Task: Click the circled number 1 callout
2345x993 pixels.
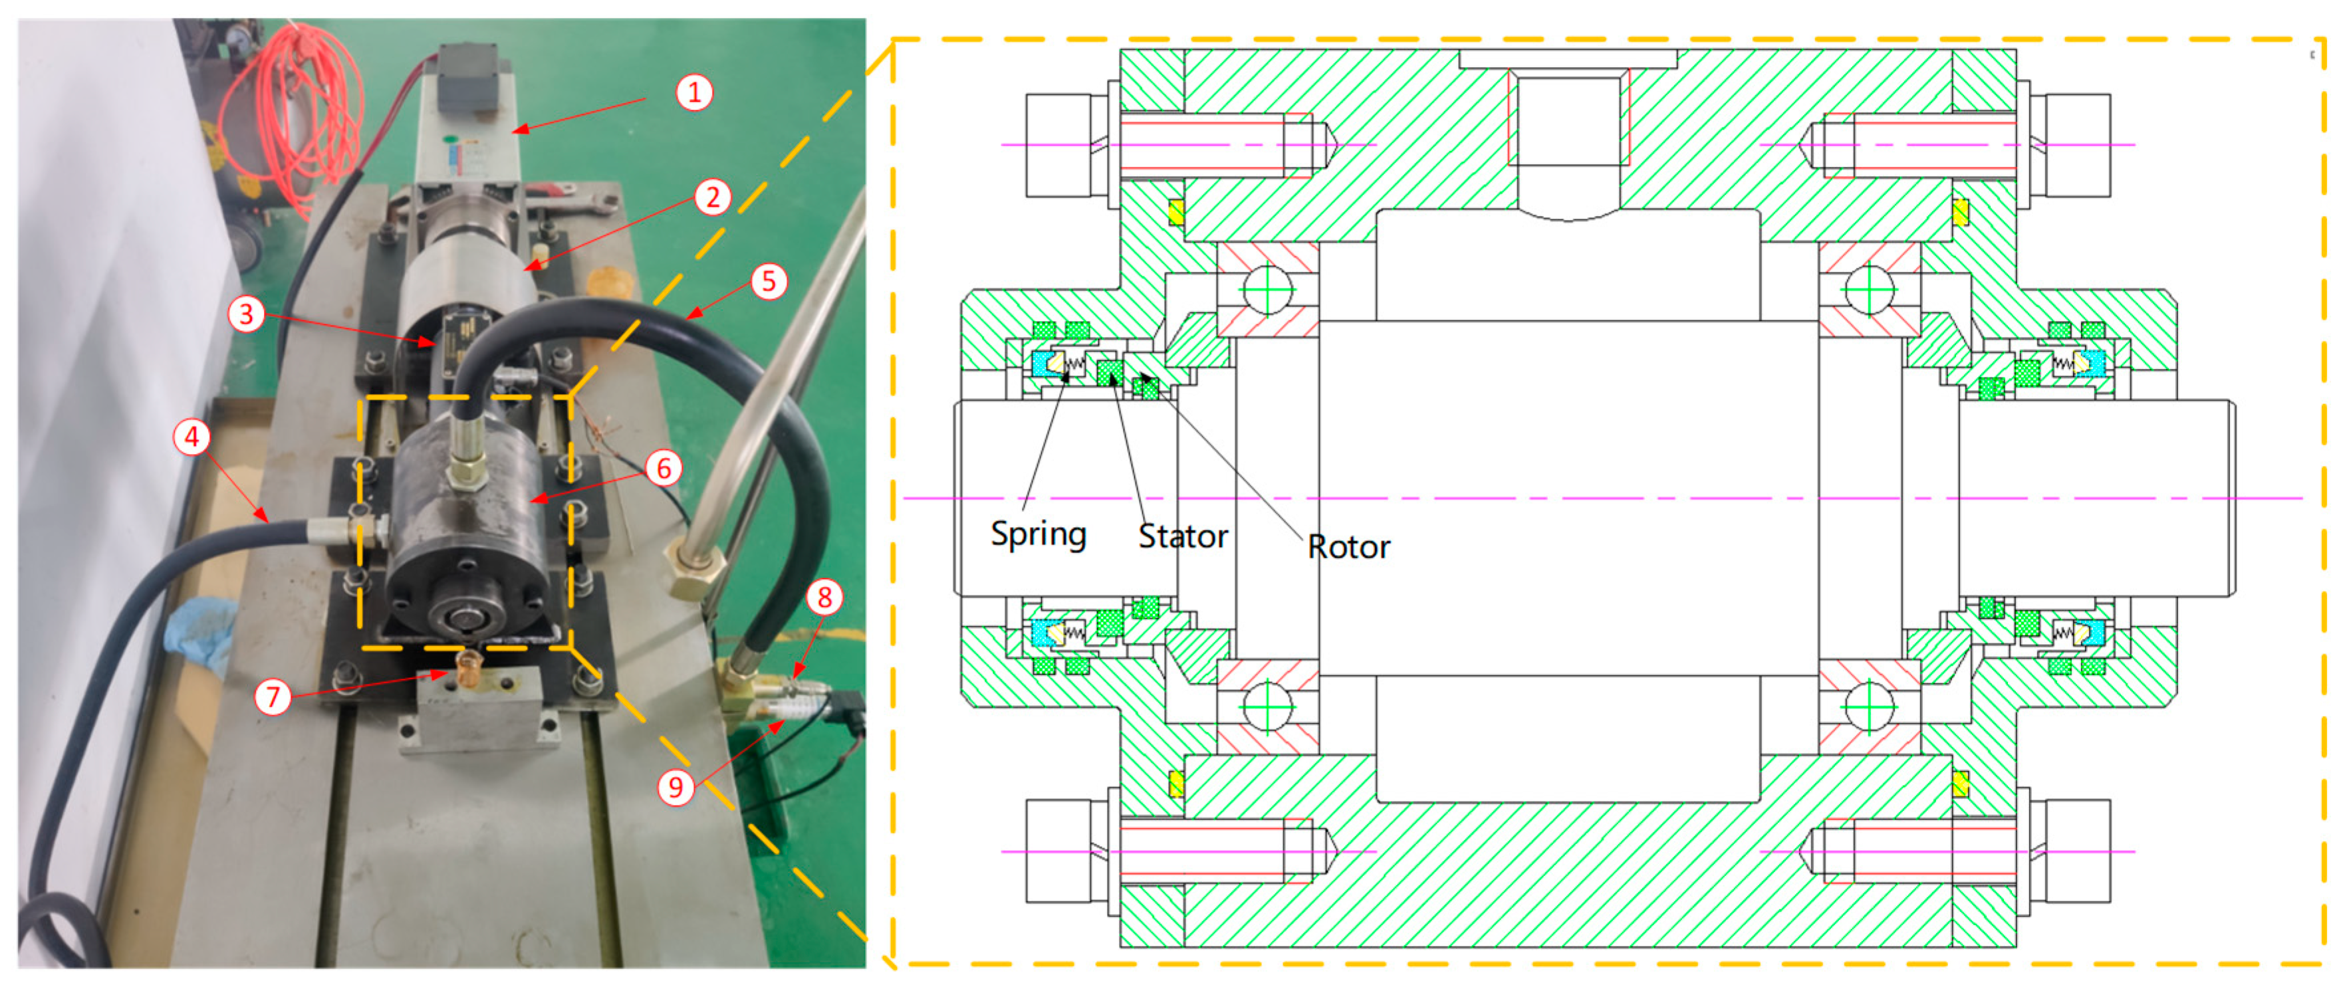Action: click(693, 92)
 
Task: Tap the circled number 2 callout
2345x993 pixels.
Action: click(713, 197)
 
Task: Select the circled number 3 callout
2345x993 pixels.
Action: click(246, 314)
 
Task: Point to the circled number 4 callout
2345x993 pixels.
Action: click(191, 437)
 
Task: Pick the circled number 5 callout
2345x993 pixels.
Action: click(769, 281)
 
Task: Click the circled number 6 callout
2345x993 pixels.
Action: click(664, 468)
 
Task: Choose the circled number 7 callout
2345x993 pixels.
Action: click(272, 697)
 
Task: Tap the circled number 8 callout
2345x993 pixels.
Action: click(824, 597)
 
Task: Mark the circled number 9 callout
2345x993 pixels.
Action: click(676, 786)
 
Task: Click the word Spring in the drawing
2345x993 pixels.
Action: click(1039, 534)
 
